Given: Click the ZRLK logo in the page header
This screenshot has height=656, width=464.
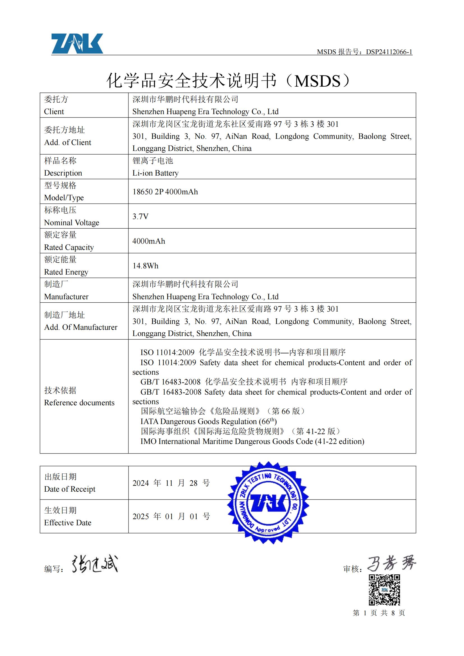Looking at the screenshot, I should tap(77, 43).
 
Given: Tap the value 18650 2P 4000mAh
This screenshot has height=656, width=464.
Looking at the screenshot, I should tap(165, 192).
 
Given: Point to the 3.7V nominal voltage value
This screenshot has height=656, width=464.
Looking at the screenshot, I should tap(140, 216).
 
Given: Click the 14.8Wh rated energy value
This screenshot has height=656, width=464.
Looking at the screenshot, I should tap(145, 266).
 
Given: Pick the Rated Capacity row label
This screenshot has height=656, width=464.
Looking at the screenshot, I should tap(69, 247).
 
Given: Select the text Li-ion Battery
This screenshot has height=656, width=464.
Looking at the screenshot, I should tap(155, 173).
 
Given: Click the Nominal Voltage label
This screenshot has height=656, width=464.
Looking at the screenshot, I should tap(72, 223).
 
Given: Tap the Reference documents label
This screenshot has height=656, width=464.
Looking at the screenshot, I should tap(79, 402).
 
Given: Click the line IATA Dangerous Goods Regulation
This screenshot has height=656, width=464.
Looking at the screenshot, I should tap(208, 422).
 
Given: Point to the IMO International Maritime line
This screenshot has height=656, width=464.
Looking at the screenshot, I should tap(252, 441).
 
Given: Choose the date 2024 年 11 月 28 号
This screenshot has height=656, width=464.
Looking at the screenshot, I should tap(171, 483).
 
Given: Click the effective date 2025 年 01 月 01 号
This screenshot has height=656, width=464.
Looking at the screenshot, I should tap(171, 517).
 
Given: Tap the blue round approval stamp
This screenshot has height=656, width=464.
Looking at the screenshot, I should tap(268, 503).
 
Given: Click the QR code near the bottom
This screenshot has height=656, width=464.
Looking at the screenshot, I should tap(384, 590).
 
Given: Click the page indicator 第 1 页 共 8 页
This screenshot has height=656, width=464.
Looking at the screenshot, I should tap(379, 613).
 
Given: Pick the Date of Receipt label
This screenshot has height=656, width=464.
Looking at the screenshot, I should tap(70, 489).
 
